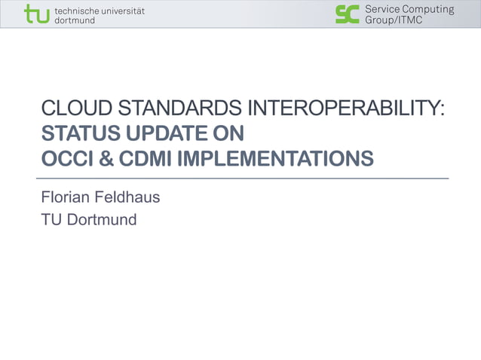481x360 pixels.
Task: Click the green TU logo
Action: pyautogui.click(x=35, y=14)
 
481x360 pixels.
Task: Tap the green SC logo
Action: pyautogui.click(x=348, y=14)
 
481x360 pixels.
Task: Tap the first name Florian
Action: pyautogui.click(x=66, y=198)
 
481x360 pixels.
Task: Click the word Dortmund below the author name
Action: pyautogui.click(x=102, y=220)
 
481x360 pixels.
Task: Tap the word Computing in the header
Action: pyautogui.click(x=428, y=9)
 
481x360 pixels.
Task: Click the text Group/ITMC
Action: pyautogui.click(x=394, y=20)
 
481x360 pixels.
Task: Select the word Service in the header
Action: pyautogui.click(x=382, y=9)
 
